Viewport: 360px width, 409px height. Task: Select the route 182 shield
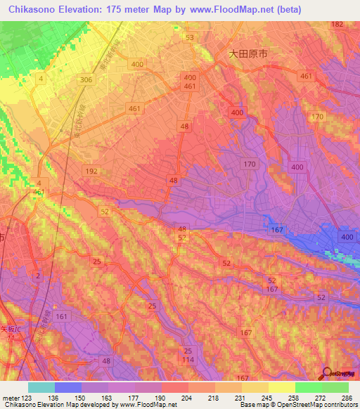coord(337,25)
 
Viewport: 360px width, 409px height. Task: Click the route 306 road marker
coord(86,80)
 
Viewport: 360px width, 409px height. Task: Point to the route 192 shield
coord(91,171)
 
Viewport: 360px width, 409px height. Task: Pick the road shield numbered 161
coord(63,317)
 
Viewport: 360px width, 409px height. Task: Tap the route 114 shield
coord(188,361)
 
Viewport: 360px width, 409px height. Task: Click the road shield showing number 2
coord(38,275)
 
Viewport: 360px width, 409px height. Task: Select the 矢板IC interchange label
coord(12,327)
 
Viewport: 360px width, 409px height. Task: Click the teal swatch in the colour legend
coord(41,387)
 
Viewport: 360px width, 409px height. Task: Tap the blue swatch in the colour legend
coord(68,387)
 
